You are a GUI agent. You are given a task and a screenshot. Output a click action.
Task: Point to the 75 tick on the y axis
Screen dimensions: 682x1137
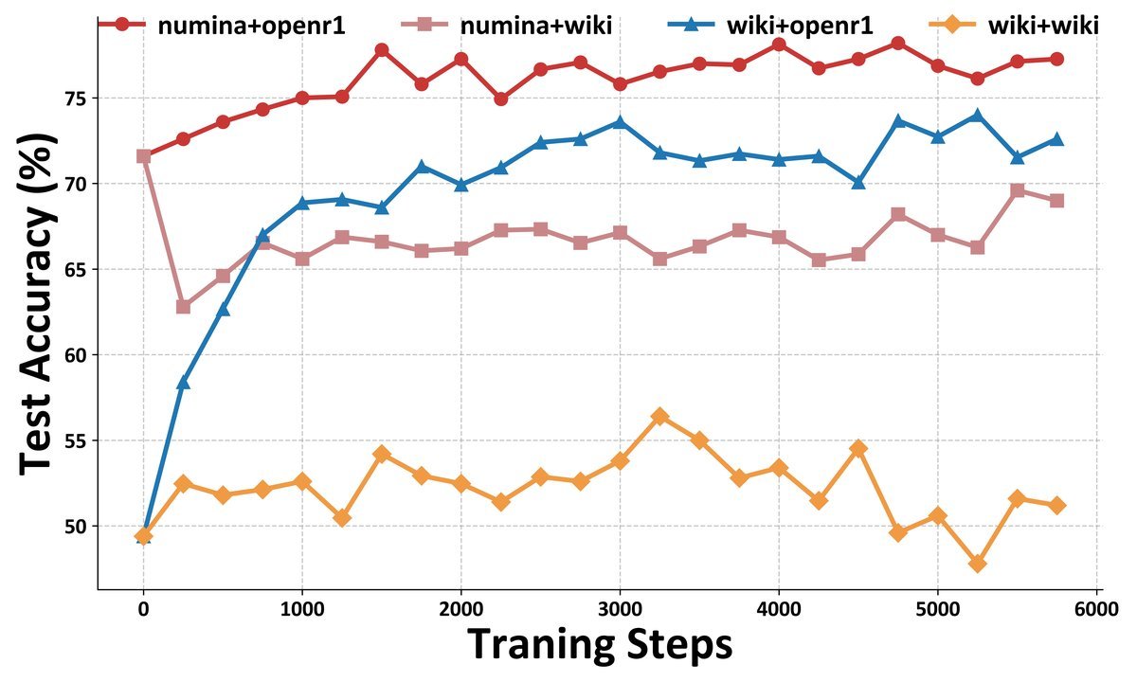click(x=75, y=99)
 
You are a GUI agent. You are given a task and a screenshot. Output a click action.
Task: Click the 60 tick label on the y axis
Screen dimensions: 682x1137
click(x=75, y=355)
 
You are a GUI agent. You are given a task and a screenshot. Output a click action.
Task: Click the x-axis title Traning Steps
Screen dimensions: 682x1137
click(x=600, y=645)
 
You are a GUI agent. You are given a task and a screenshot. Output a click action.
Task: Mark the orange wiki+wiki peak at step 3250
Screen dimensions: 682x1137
click(x=659, y=417)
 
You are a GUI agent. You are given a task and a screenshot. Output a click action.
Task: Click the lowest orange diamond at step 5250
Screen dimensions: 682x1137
click(x=977, y=564)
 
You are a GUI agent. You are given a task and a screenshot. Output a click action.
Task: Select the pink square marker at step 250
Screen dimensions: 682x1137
click(x=183, y=307)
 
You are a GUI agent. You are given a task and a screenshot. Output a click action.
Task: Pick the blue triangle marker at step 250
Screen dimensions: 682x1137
click(x=183, y=382)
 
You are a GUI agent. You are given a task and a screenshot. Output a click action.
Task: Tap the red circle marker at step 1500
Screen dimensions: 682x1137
click(x=382, y=50)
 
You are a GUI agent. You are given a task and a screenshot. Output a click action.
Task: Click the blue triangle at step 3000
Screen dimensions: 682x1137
click(x=620, y=121)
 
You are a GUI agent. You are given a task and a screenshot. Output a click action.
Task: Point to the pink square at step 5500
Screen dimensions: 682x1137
click(x=1017, y=190)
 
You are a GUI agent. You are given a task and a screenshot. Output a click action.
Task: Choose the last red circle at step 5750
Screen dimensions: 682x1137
click(x=1056, y=59)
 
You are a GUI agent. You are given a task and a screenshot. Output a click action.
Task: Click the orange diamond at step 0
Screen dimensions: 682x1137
click(x=143, y=536)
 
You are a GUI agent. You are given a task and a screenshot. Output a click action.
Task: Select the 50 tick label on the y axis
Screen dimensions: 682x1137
click(x=75, y=527)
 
